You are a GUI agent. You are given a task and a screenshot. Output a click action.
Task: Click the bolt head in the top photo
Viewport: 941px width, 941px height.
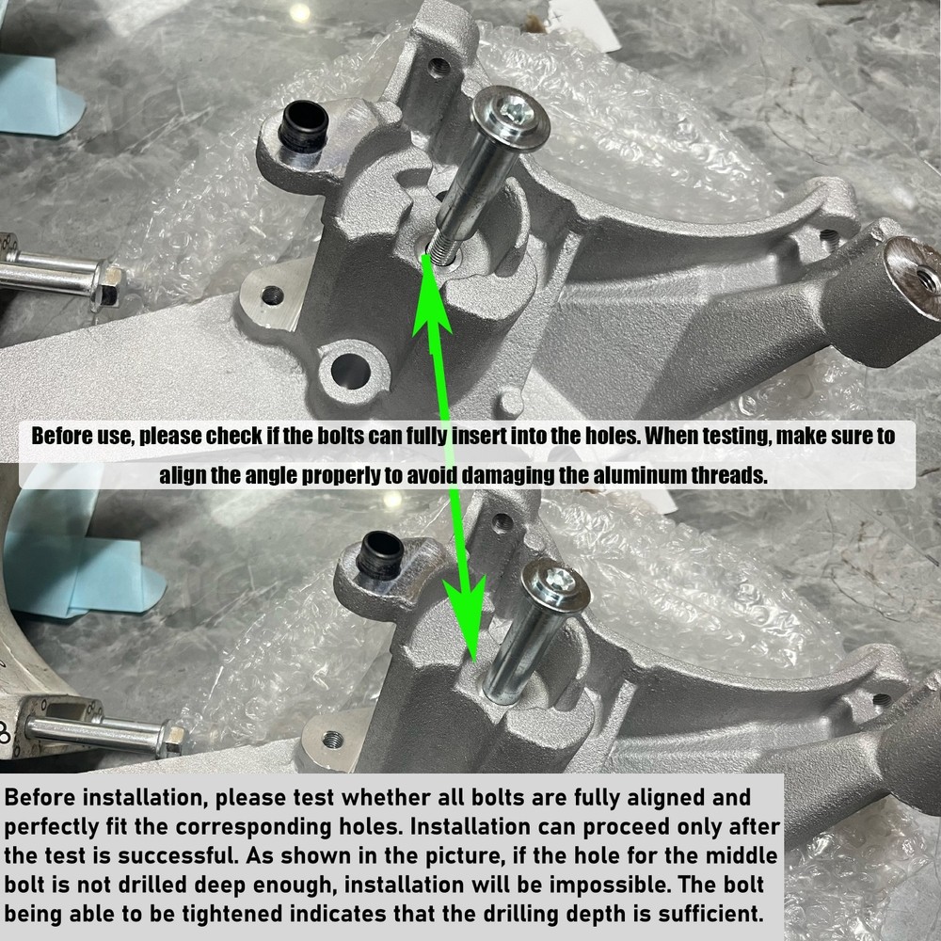pos(510,117)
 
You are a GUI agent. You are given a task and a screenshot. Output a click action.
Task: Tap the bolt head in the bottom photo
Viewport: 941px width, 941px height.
pos(556,584)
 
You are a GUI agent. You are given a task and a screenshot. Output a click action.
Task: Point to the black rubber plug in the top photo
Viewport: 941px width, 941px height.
pos(304,125)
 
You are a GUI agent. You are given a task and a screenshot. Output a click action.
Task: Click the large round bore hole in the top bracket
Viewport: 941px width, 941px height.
pos(350,371)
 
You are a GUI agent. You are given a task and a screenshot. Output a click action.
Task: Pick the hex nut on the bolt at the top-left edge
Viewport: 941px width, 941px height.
pos(107,284)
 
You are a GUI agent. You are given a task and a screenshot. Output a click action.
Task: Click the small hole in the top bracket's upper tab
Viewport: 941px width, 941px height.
pos(439,66)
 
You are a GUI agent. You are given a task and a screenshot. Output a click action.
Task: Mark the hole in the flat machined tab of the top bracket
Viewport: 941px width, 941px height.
pos(273,295)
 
